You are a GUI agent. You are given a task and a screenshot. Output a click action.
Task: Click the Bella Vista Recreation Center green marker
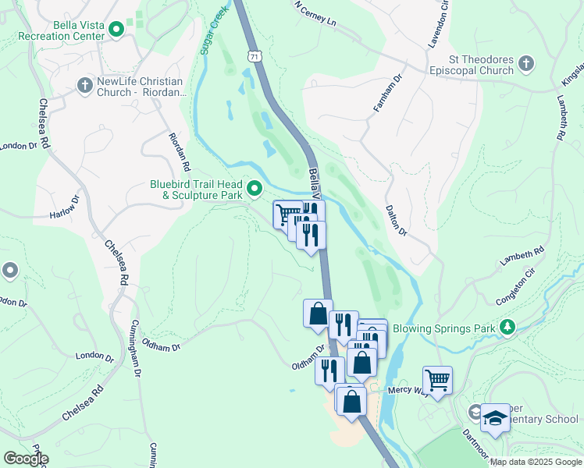(117, 30)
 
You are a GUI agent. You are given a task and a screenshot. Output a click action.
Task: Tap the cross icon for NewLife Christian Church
(85, 87)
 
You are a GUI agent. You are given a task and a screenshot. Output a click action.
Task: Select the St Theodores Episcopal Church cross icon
(527, 63)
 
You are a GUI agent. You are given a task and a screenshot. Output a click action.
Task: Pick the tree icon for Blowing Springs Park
(507, 328)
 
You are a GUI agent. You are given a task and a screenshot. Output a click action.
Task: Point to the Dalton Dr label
(397, 220)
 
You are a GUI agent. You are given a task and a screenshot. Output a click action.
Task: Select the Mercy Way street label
(404, 392)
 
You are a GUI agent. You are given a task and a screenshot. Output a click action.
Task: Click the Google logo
(25, 459)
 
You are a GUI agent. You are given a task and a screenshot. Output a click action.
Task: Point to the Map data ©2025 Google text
(535, 462)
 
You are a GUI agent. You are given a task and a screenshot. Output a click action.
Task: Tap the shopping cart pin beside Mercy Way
(437, 381)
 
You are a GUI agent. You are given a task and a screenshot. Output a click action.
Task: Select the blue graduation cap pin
(495, 419)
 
